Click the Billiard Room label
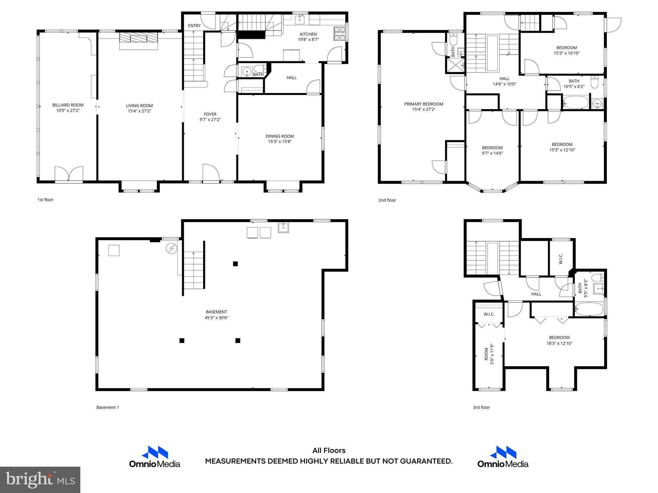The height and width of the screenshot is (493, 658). tap(68, 105)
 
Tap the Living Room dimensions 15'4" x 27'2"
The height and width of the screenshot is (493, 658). tap(139, 111)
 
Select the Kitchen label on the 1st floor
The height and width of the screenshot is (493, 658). tap(308, 34)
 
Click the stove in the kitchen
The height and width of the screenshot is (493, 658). tap(339, 31)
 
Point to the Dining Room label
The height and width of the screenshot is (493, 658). tap(280, 136)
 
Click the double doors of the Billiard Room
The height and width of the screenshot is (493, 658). tap(69, 174)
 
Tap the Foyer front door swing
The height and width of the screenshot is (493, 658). tap(211, 172)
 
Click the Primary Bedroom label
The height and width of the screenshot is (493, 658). tap(423, 104)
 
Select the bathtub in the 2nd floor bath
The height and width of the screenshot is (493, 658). tap(575, 103)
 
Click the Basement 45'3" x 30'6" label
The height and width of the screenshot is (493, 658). tap(217, 315)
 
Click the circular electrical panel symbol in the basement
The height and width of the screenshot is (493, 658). tap(171, 248)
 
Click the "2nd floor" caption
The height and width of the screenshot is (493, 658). tap(387, 200)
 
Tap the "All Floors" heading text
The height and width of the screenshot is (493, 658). tap(329, 451)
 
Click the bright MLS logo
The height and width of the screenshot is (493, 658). tap(40, 480)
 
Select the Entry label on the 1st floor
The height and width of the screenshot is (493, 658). tap(194, 26)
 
